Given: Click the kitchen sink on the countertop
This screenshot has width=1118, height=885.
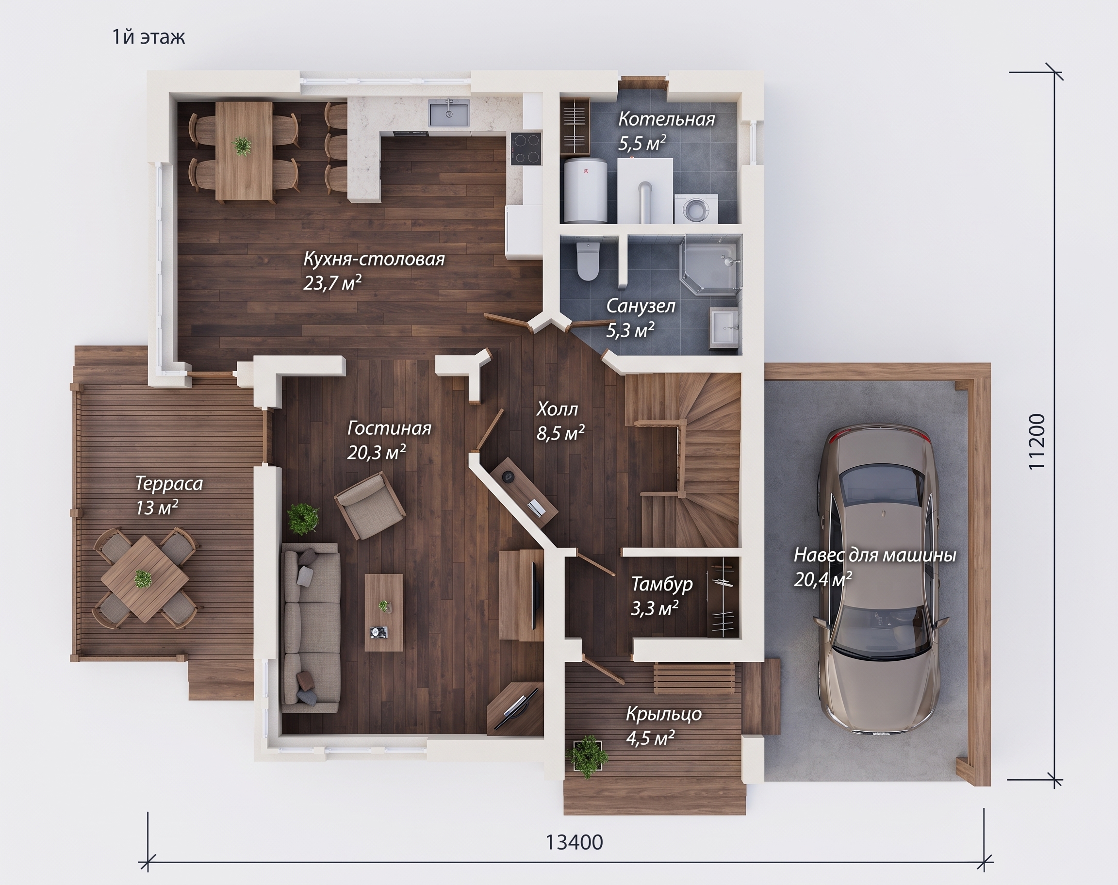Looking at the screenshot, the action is (449, 114).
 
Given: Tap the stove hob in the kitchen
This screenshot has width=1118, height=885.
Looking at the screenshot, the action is (526, 148).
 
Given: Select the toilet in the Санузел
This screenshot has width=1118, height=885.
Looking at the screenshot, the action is (588, 262).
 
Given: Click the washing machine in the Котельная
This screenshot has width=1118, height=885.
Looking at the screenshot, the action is (696, 209).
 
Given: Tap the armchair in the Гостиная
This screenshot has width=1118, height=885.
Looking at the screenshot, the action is (369, 505).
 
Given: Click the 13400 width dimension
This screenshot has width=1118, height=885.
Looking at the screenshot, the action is (575, 842).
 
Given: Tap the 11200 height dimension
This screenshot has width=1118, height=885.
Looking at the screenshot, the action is (1036, 442).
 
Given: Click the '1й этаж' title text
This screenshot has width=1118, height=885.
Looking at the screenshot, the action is (148, 37).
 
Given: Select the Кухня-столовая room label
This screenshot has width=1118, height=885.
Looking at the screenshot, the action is (374, 259).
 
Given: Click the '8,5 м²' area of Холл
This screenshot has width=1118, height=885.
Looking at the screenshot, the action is (560, 433).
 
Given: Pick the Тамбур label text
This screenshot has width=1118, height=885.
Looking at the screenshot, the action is (661, 584).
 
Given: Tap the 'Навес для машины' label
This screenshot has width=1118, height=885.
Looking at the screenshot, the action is (875, 555).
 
